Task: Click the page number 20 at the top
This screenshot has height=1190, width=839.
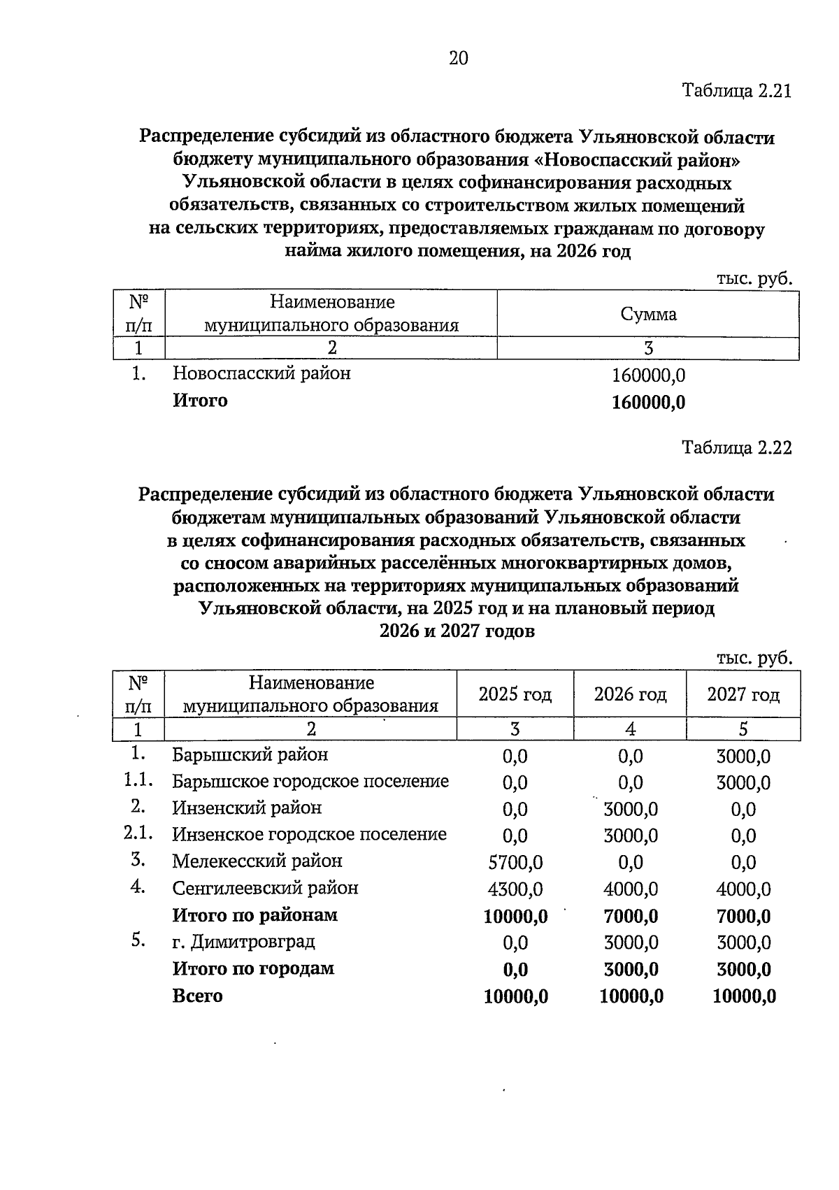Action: (459, 59)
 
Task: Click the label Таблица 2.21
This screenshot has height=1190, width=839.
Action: (736, 92)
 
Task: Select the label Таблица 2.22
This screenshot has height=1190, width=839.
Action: (736, 448)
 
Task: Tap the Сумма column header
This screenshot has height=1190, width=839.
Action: (648, 315)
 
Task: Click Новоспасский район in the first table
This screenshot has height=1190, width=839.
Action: (261, 373)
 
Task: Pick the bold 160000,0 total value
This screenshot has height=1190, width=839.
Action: (648, 403)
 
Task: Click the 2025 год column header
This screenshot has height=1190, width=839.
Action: (515, 694)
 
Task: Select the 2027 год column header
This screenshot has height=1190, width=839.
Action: (743, 694)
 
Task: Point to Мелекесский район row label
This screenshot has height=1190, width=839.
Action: (257, 861)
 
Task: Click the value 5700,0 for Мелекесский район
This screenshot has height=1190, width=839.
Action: (515, 863)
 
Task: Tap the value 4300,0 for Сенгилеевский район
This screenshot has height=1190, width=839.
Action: (515, 889)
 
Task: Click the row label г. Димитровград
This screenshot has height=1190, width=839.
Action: (243, 942)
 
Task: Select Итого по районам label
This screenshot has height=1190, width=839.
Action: (254, 915)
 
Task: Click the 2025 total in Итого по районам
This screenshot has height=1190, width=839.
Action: (515, 917)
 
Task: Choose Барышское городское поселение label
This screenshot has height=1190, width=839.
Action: (310, 782)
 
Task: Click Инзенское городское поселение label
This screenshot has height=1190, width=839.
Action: (309, 835)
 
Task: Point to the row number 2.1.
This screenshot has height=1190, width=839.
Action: (138, 833)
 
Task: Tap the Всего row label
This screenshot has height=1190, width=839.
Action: (197, 996)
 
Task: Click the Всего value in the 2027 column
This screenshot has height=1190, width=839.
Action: (744, 997)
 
